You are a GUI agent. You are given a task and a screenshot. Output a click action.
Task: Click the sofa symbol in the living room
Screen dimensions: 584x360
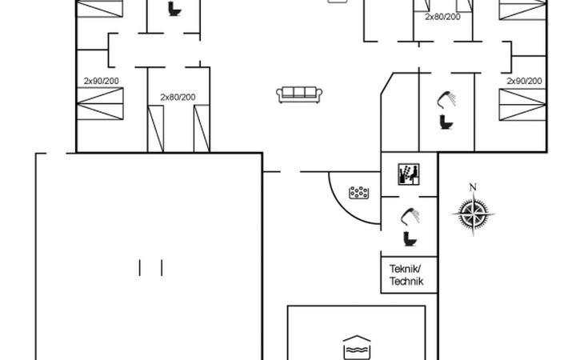299,94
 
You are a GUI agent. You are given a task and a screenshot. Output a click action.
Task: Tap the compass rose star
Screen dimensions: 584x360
473,214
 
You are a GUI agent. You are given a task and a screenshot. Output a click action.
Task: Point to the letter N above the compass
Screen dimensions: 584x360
473,187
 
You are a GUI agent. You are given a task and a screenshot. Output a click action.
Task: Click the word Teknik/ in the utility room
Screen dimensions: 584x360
405,269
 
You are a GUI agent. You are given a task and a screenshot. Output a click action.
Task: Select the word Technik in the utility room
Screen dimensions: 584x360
406,281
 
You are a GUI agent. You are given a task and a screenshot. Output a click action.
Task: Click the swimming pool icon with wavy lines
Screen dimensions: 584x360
357,347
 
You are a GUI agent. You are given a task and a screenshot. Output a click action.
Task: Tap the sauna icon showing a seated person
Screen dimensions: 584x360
409,174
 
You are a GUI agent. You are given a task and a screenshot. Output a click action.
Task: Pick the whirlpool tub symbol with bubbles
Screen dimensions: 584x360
359,193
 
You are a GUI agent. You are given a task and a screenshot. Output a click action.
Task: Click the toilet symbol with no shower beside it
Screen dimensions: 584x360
174,9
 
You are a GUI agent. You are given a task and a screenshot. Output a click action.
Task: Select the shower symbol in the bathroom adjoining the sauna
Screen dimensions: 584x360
410,216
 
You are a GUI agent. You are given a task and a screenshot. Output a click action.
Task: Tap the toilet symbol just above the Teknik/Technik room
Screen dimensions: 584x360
410,238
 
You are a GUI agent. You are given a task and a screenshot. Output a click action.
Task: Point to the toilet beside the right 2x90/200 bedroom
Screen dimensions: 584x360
446,122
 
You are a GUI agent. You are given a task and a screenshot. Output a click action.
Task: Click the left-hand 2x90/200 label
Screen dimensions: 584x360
102,81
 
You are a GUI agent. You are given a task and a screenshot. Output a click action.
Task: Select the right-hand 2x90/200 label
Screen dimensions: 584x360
524,81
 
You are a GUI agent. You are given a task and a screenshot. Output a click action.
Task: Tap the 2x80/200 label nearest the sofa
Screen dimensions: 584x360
178,97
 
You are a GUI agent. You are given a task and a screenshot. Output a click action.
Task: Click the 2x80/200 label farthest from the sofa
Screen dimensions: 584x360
443,17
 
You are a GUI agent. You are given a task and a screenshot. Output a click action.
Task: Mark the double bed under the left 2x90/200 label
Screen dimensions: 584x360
100,103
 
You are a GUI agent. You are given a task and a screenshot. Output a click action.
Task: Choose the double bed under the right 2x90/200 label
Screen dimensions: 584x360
522,104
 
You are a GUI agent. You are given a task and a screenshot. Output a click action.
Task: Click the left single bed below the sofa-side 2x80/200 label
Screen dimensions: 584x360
156,129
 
